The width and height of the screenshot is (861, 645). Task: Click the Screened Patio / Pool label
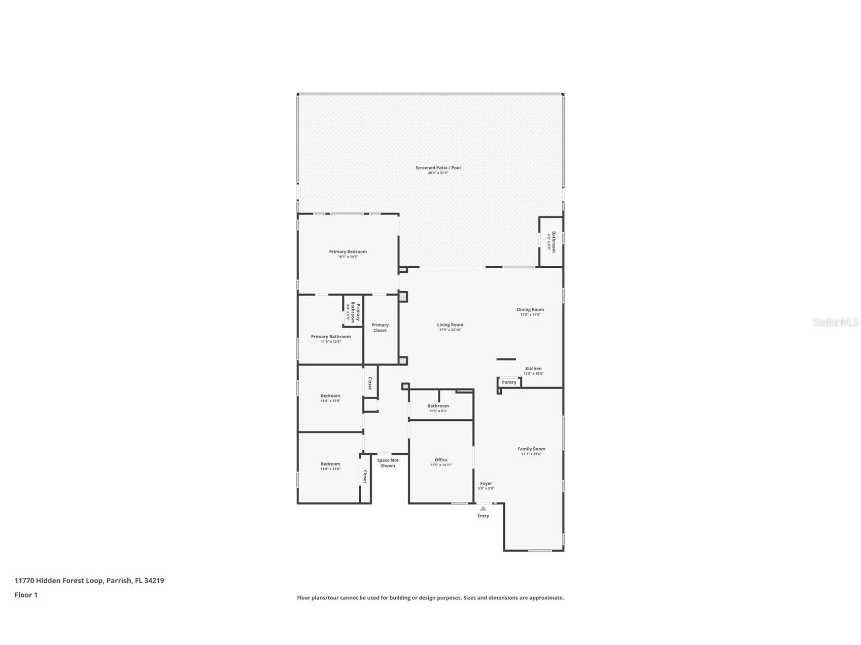point(438,168)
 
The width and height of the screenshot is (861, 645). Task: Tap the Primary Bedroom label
point(348,252)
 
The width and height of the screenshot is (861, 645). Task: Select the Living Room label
point(450,325)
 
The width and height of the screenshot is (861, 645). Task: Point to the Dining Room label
point(530,310)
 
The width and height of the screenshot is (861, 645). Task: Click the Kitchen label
point(533,369)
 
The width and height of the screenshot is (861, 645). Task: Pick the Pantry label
point(509,382)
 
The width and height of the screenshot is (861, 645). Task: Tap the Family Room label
point(531,449)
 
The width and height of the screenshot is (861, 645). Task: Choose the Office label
point(441,460)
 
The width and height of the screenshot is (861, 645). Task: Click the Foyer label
point(486,484)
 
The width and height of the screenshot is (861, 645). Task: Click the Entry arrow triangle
point(483,508)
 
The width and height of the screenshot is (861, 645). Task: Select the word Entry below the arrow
point(483,516)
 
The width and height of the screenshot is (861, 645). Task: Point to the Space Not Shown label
point(388,463)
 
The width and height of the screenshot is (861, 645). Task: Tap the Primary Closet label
point(380,328)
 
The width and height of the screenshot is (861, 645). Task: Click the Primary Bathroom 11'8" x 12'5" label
point(331,337)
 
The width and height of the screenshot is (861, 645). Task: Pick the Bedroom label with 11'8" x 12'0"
point(330,396)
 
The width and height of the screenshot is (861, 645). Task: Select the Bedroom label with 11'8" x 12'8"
point(330,464)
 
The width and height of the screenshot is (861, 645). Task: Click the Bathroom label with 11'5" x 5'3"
point(438,406)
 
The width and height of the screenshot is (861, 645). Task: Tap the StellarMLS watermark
point(836,322)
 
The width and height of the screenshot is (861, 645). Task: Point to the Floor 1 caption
point(26,595)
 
